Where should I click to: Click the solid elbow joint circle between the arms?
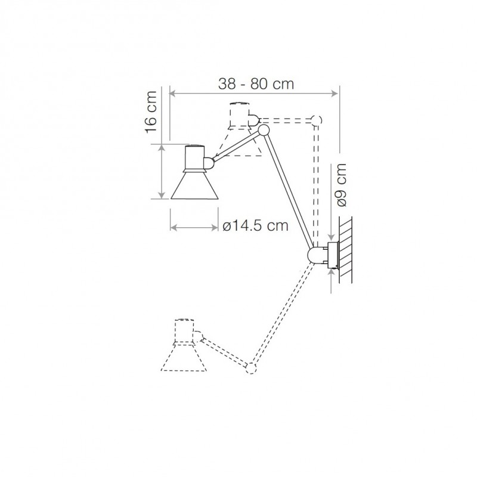pyautogui.click(x=263, y=131)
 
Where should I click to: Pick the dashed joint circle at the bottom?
pyautogui.click(x=252, y=367)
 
